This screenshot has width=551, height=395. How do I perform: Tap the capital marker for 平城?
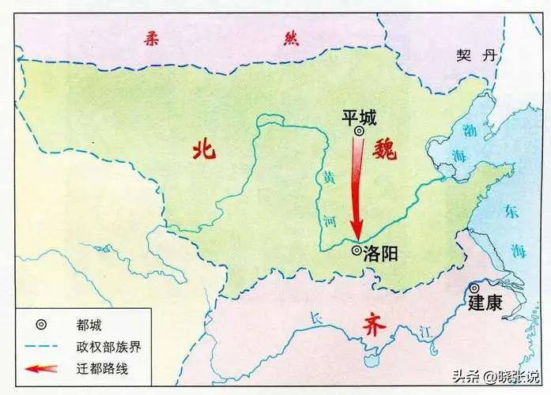359,132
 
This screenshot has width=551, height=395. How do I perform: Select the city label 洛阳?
380,252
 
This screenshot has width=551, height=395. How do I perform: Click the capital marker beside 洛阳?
357,251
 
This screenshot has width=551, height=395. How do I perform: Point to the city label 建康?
485,303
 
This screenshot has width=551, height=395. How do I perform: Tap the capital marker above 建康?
474,288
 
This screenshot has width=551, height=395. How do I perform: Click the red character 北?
204,150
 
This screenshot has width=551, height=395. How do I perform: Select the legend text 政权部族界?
106,346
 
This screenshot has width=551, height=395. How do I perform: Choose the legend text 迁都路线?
100,368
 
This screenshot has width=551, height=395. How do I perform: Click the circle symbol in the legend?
40,324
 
